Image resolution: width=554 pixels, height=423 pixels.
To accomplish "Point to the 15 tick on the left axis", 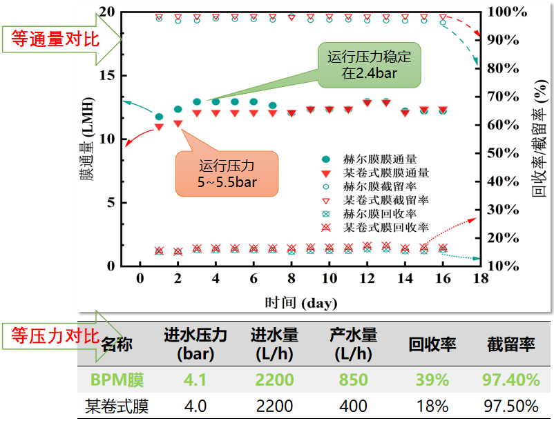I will (106, 76).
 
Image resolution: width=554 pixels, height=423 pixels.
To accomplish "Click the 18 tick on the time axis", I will (480, 278).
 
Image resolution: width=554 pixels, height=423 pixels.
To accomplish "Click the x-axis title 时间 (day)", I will (301, 302).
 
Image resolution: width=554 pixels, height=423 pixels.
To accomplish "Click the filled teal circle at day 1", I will (159, 117).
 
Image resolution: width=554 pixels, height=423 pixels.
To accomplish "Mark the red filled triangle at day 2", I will (178, 124).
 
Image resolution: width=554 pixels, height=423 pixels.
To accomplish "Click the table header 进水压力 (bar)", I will (195, 344).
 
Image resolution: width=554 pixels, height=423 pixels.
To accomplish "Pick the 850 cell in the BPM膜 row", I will (354, 380).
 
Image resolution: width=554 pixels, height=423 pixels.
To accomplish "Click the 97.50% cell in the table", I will (511, 406).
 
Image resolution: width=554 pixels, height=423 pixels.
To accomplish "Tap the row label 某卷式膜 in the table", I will (117, 406).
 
